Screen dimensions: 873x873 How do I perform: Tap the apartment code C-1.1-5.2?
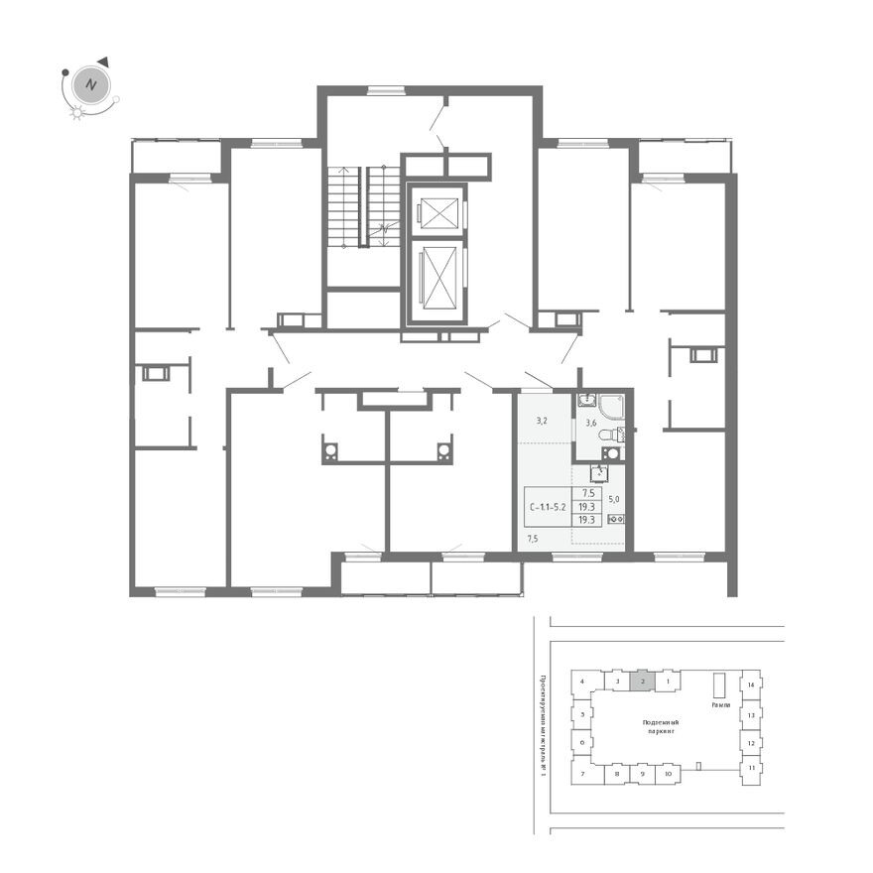(548, 506)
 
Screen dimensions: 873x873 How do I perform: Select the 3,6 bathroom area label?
(591, 424)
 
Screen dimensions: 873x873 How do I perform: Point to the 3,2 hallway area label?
(542, 421)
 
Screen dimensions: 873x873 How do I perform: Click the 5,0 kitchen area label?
(614, 500)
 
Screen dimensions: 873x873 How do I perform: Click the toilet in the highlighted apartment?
(620, 434)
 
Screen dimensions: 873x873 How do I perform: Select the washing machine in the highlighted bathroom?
(611, 453)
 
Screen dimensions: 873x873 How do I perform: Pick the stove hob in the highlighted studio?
(614, 519)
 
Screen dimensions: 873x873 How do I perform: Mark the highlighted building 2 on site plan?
(643, 682)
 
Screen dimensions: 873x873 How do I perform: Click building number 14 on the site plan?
(752, 686)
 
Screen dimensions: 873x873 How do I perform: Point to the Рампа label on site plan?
(721, 705)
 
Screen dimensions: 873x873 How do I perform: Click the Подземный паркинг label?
(659, 727)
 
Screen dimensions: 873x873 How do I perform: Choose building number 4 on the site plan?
(583, 683)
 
